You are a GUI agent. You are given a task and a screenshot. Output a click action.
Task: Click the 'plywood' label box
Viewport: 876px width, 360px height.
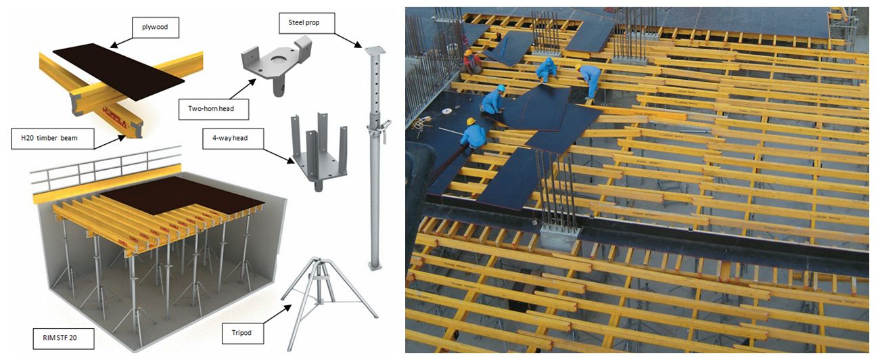[156, 27]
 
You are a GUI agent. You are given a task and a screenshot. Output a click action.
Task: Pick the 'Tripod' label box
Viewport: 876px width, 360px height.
[242, 333]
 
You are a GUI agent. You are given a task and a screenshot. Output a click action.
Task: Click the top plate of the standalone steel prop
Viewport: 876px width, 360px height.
[375, 50]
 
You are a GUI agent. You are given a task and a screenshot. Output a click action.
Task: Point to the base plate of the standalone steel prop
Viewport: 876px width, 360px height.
[375, 266]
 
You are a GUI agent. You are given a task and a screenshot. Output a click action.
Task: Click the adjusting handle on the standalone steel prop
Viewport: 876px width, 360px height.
[384, 130]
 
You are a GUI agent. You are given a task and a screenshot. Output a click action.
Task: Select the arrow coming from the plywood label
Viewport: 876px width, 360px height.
[122, 43]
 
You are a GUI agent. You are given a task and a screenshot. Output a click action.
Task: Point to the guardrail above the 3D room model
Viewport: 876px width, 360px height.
[106, 164]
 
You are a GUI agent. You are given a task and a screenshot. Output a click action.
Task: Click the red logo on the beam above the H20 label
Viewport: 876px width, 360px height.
[114, 117]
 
